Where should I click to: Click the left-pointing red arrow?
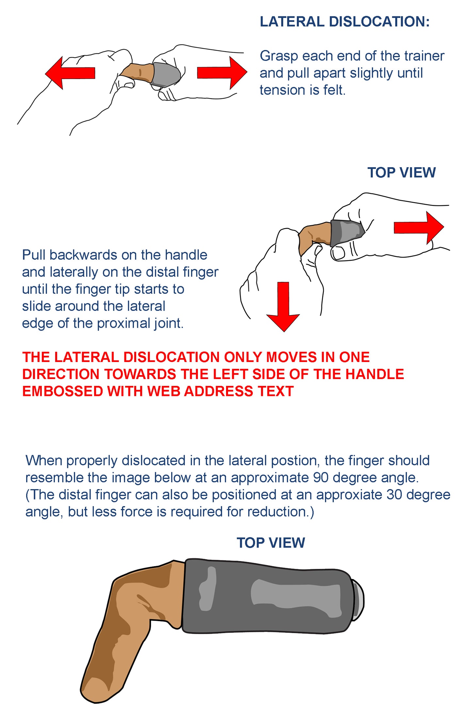point(70,73)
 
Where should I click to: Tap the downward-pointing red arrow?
point(283,306)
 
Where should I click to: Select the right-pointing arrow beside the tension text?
point(222,73)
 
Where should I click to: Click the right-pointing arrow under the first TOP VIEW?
point(419,227)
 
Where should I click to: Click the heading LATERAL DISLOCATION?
point(345,22)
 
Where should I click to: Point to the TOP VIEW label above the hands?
point(401,173)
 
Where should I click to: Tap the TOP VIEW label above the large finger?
point(271,543)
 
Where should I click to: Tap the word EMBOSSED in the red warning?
point(63,391)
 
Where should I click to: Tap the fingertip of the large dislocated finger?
point(95,689)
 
